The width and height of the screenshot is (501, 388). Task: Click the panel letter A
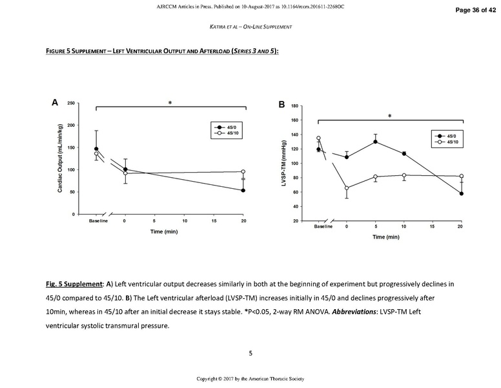(x=56, y=102)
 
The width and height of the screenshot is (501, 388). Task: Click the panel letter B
(x=281, y=105)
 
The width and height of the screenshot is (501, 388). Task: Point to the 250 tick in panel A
(x=70, y=103)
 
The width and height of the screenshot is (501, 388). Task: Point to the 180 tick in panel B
(x=294, y=105)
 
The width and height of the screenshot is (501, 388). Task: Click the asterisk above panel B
(x=389, y=116)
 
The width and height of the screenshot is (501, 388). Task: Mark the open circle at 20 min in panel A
(x=243, y=171)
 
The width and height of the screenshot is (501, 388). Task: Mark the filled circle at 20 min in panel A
(x=243, y=190)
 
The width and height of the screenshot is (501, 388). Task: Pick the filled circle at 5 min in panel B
(x=375, y=142)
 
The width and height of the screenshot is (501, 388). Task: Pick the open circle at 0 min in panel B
(x=347, y=188)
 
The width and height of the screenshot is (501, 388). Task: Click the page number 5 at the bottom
(x=251, y=353)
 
